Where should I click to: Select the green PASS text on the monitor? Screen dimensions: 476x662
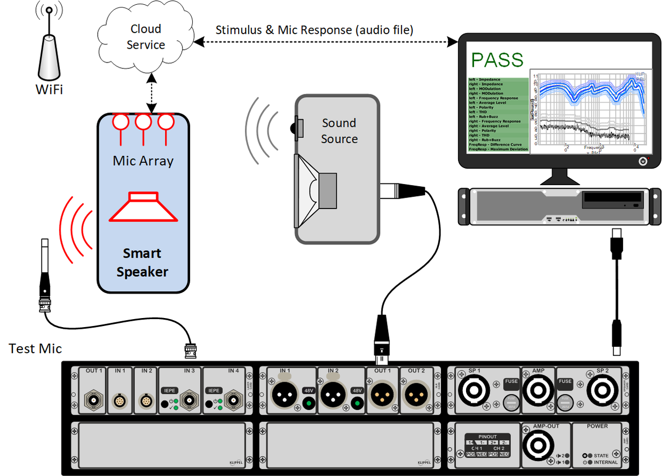[496, 59]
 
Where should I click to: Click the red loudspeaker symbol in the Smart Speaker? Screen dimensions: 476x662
[143, 208]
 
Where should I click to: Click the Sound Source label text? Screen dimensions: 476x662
[339, 131]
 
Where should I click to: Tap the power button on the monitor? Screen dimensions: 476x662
[643, 160]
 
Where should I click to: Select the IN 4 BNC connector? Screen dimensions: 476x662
[232, 398]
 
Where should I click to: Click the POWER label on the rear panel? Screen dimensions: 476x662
[597, 426]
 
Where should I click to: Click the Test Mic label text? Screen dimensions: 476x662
[35, 349]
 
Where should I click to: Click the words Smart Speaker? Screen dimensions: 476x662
[142, 263]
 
